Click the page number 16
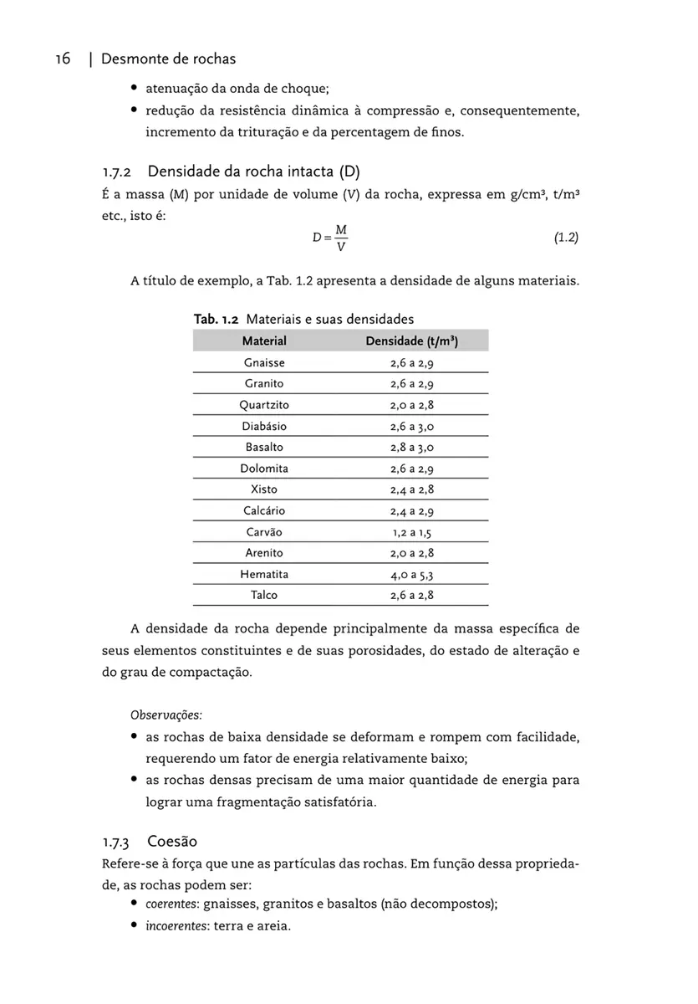63,59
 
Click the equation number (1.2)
566,238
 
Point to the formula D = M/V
330,238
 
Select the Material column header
264,341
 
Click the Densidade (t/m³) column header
411,341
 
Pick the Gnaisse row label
264,363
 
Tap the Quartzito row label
264,405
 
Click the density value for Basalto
411,448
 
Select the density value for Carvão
411,532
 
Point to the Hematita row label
264,575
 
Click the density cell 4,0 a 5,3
411,575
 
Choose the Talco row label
264,596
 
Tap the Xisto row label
264,489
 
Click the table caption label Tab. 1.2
217,319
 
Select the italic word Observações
166,715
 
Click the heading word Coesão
172,841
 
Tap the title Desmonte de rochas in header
168,59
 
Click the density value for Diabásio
411,427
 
